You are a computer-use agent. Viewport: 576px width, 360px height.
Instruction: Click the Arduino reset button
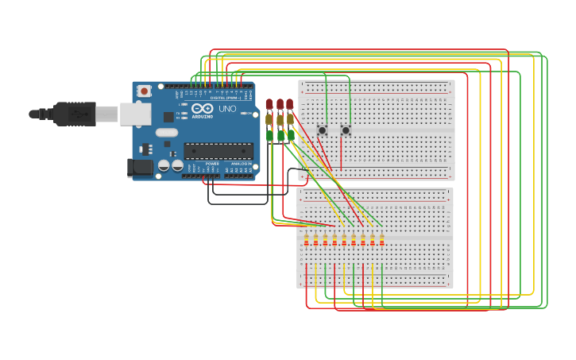[x=144, y=91]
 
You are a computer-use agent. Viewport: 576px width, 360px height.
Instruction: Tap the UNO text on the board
[x=227, y=109]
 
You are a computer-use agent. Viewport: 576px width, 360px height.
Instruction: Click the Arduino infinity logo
[x=203, y=108]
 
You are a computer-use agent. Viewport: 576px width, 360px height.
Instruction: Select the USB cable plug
[x=75, y=114]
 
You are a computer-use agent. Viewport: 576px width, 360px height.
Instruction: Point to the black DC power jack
[x=140, y=167]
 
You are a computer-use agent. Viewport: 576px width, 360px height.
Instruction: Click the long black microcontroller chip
[x=218, y=150]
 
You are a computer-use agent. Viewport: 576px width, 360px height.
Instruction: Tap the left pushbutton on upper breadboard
[x=323, y=130]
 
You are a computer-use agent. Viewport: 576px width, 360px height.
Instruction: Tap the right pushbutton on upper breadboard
[x=346, y=130]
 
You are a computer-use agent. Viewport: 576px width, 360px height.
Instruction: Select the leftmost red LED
[x=270, y=104]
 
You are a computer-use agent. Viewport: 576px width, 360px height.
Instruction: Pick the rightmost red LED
[x=290, y=104]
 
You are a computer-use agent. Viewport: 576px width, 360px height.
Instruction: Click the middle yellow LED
[x=280, y=120]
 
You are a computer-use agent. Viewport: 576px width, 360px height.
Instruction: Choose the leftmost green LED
[x=270, y=136]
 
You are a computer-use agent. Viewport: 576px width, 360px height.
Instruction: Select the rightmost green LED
[x=291, y=136]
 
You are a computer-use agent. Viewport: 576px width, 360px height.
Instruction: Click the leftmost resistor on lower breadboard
[x=306, y=240]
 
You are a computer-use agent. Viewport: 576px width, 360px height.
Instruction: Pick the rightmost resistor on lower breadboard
[x=382, y=240]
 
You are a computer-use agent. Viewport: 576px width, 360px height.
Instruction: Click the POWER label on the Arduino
[x=212, y=164]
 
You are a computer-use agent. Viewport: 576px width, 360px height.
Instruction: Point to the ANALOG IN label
[x=242, y=164]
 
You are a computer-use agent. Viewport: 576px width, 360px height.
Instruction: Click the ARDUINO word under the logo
[x=203, y=117]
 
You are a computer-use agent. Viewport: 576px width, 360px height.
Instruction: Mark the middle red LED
[x=280, y=104]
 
